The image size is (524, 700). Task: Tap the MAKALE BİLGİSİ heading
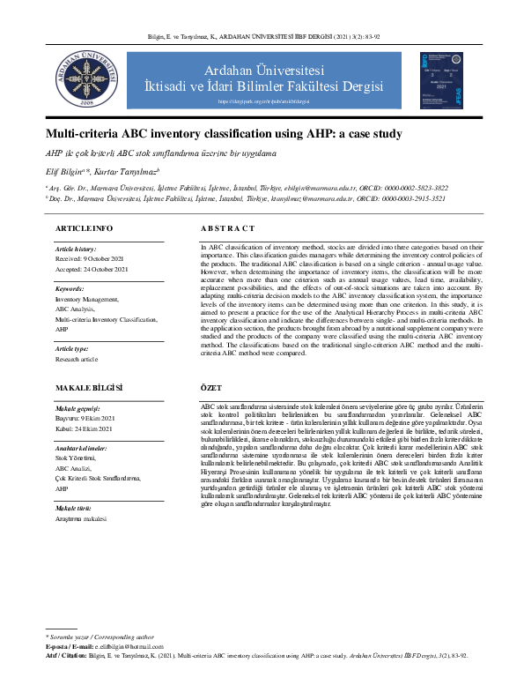point(89,387)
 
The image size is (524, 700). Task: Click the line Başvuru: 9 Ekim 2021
point(85,419)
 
